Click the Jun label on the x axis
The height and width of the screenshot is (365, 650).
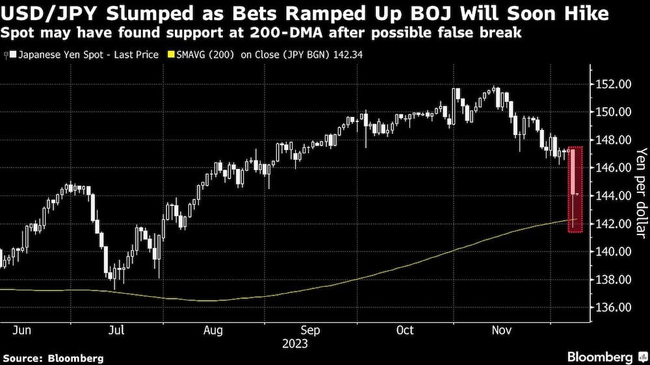(22, 331)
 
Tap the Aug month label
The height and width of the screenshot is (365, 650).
(214, 331)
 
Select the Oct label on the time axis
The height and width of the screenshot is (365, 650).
(405, 331)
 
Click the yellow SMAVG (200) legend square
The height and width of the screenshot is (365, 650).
(171, 55)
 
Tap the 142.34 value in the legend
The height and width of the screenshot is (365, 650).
(347, 55)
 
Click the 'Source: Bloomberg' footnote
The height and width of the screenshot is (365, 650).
(53, 358)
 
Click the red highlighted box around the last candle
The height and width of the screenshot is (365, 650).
(574, 190)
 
